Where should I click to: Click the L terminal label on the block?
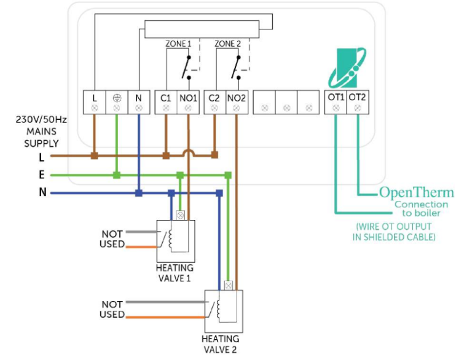pos(94,98)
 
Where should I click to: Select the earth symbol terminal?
pos(117,98)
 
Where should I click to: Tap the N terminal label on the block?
pos(139,98)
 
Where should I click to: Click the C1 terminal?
pos(166,98)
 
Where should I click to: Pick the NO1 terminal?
pos(188,98)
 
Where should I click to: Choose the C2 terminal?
pos(214,98)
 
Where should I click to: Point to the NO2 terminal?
pos(237,98)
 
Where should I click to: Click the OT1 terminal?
pos(336,98)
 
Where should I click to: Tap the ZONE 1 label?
pos(178,44)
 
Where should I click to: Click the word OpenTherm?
pos(416,192)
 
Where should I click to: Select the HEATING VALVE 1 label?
pos(174,273)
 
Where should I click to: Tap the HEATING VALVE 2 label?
pos(221,343)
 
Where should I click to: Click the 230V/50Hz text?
pos(41,120)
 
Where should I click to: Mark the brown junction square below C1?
pos(166,156)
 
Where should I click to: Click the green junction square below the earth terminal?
pos(117,175)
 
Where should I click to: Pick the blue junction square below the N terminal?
pos(139,193)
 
